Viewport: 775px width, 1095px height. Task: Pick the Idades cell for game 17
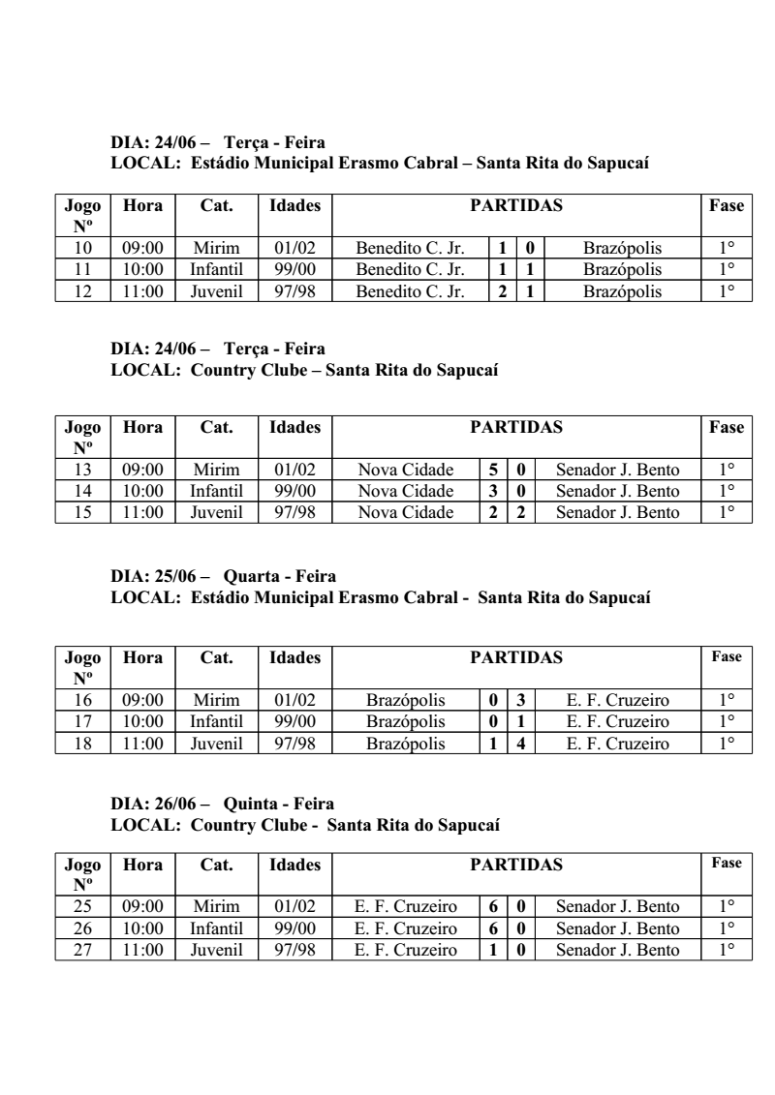coord(295,723)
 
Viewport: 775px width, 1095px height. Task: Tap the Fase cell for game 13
coord(727,470)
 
